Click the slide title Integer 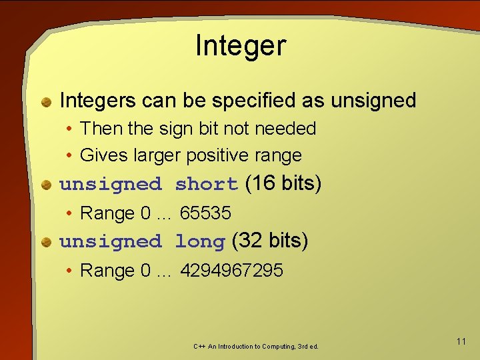click(240, 46)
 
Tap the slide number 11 click(461, 341)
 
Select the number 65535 click(205, 213)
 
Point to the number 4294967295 click(231, 271)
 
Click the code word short click(207, 184)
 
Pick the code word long click(200, 241)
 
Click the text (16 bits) click(283, 183)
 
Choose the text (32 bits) click(270, 240)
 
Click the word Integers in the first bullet click(98, 101)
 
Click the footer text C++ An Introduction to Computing click(256, 347)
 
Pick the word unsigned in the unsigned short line click(111, 184)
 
